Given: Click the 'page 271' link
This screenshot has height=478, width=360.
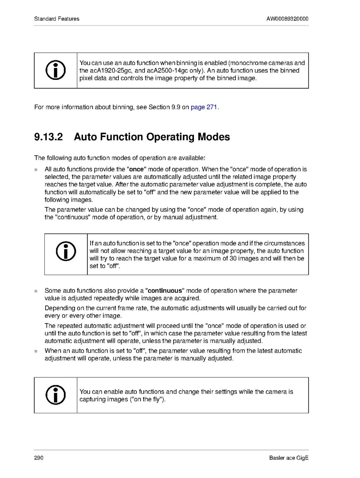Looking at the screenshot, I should (204, 107).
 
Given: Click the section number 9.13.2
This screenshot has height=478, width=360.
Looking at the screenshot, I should (48, 137).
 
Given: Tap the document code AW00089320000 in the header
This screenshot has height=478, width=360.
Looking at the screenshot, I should (287, 19).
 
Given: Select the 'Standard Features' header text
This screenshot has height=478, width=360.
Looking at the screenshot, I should (57, 19).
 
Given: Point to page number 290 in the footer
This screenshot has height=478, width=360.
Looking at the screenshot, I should (39, 458).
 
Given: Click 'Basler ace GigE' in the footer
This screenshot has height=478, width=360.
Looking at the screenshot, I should (289, 458).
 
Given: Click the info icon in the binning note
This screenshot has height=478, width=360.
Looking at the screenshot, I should (55, 70).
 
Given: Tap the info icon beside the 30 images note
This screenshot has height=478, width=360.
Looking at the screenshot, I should (66, 251).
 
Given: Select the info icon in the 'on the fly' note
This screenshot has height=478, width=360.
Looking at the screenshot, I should (55, 395).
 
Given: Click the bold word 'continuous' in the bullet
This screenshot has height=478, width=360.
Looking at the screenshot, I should (165, 291).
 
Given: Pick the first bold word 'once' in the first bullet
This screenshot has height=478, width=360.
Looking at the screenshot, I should (137, 169).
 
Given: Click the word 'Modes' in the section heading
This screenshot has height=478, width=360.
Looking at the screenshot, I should (214, 137).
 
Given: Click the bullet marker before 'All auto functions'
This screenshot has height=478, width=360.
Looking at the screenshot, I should (36, 170).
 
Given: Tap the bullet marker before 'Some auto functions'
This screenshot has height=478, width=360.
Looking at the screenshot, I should (36, 291).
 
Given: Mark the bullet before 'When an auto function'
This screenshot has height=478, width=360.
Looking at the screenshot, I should (36, 351).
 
